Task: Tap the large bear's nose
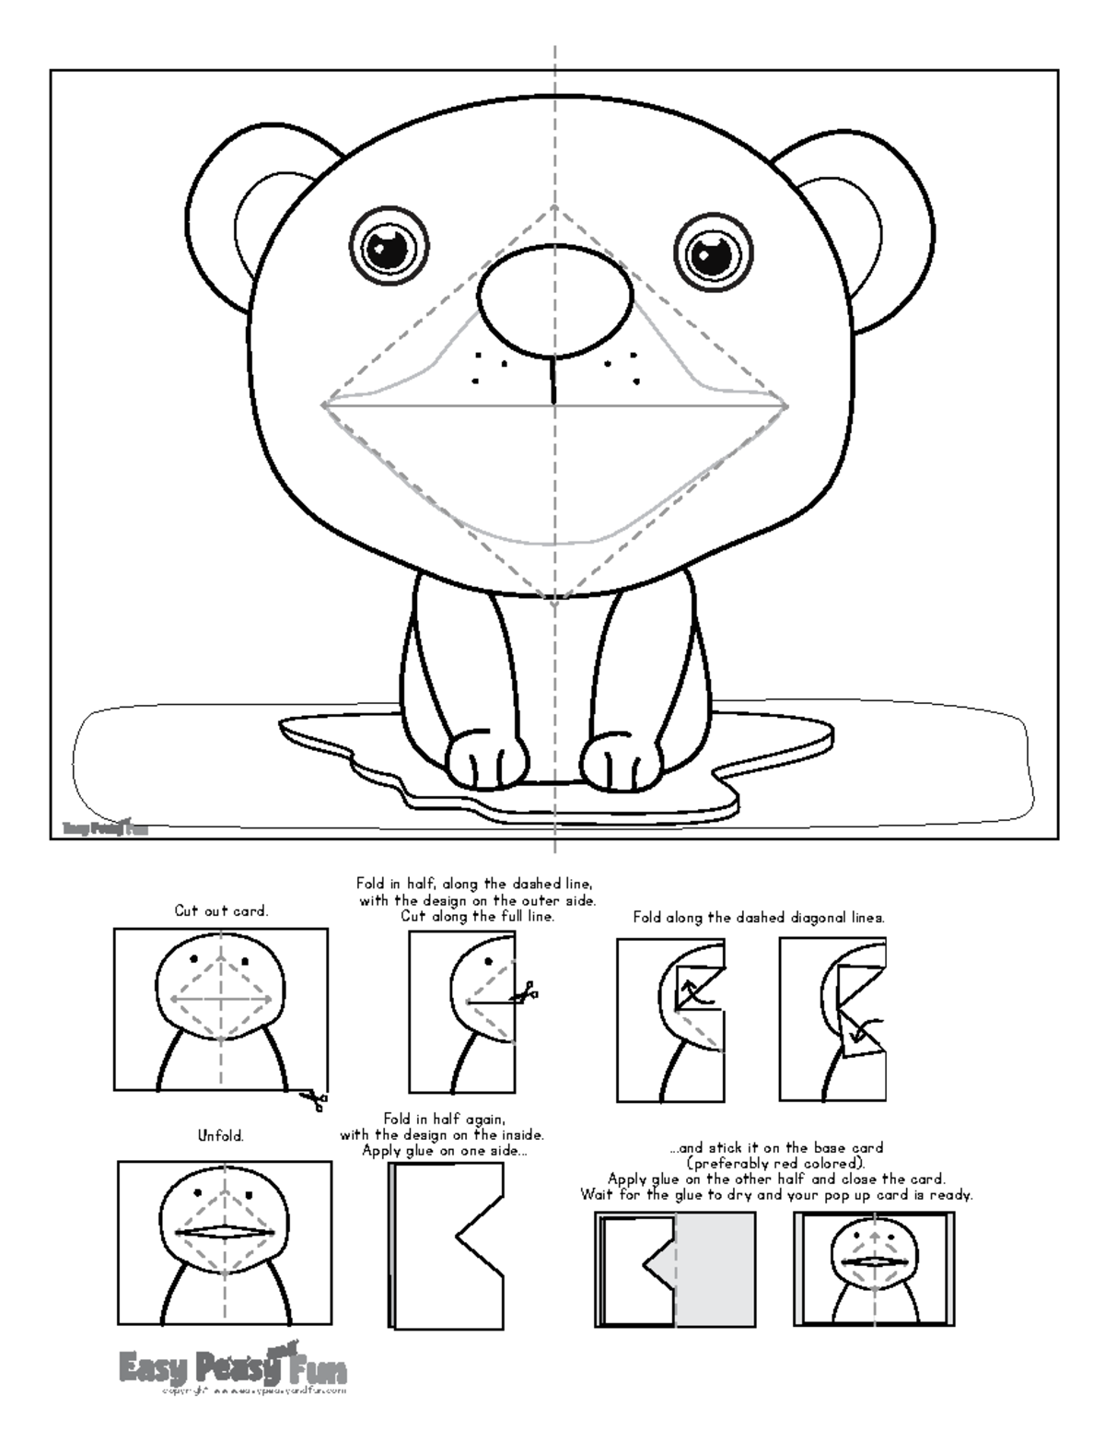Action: point(554,301)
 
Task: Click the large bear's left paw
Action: point(487,761)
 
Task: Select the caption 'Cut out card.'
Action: point(221,911)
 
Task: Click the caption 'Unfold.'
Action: point(221,1136)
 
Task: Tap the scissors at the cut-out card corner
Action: point(314,1098)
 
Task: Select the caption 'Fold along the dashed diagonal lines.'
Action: point(759,918)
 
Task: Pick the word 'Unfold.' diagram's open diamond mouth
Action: point(225,1232)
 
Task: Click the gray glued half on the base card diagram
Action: point(715,1269)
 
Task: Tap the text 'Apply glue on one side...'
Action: point(445,1150)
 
